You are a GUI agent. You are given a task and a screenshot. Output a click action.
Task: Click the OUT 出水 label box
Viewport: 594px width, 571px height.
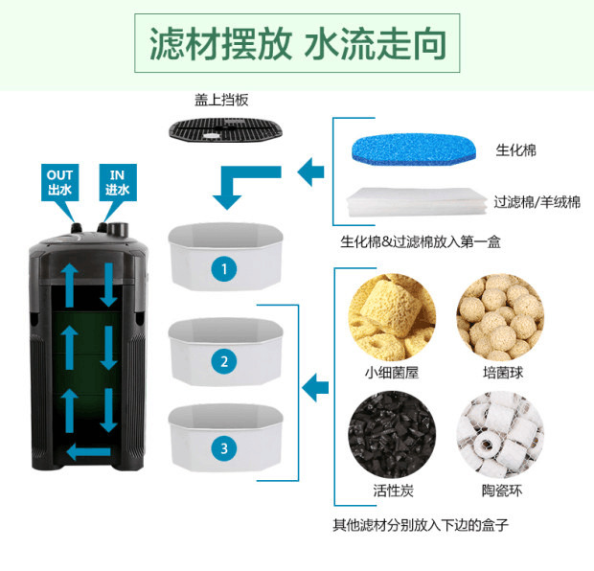coord(59,183)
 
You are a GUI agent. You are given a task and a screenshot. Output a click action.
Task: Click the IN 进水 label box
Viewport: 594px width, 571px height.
coord(118,183)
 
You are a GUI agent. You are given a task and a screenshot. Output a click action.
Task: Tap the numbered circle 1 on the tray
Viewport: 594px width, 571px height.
coord(224,269)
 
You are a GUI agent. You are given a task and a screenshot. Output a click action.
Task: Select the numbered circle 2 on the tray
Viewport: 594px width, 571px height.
coord(224,361)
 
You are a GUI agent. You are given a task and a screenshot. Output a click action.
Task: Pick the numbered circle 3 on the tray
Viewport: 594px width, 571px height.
coord(224,448)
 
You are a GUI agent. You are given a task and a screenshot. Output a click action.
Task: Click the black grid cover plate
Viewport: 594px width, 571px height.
coord(226,129)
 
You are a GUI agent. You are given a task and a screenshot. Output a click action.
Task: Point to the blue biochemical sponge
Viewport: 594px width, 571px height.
coord(414,149)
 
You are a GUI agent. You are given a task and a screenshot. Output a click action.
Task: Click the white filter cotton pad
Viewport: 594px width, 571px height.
coord(417,201)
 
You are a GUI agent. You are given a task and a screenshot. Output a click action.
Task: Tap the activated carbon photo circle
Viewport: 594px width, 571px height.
coord(392,435)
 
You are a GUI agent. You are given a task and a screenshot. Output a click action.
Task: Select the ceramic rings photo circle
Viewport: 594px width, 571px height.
coord(500,435)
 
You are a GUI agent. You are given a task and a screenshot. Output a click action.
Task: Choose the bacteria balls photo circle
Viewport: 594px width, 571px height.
coord(500,317)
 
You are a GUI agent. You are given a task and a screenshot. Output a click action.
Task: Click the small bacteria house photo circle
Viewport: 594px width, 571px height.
coord(392,317)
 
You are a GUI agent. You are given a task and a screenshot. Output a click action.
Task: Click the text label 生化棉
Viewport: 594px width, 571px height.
coord(516,150)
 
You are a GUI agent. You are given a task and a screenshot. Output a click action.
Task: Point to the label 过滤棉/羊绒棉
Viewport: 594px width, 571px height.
coord(537,202)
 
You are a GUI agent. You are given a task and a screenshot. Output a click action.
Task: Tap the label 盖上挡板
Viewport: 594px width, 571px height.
coord(221,100)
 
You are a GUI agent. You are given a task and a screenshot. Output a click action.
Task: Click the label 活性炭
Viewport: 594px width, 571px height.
coord(393,491)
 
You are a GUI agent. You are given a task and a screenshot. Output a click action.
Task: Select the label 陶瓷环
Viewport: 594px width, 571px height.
coord(502,491)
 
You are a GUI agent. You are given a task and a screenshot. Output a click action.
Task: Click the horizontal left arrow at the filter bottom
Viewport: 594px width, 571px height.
coord(89,451)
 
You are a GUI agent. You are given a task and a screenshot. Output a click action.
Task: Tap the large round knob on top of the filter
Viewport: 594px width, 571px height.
coord(118,230)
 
